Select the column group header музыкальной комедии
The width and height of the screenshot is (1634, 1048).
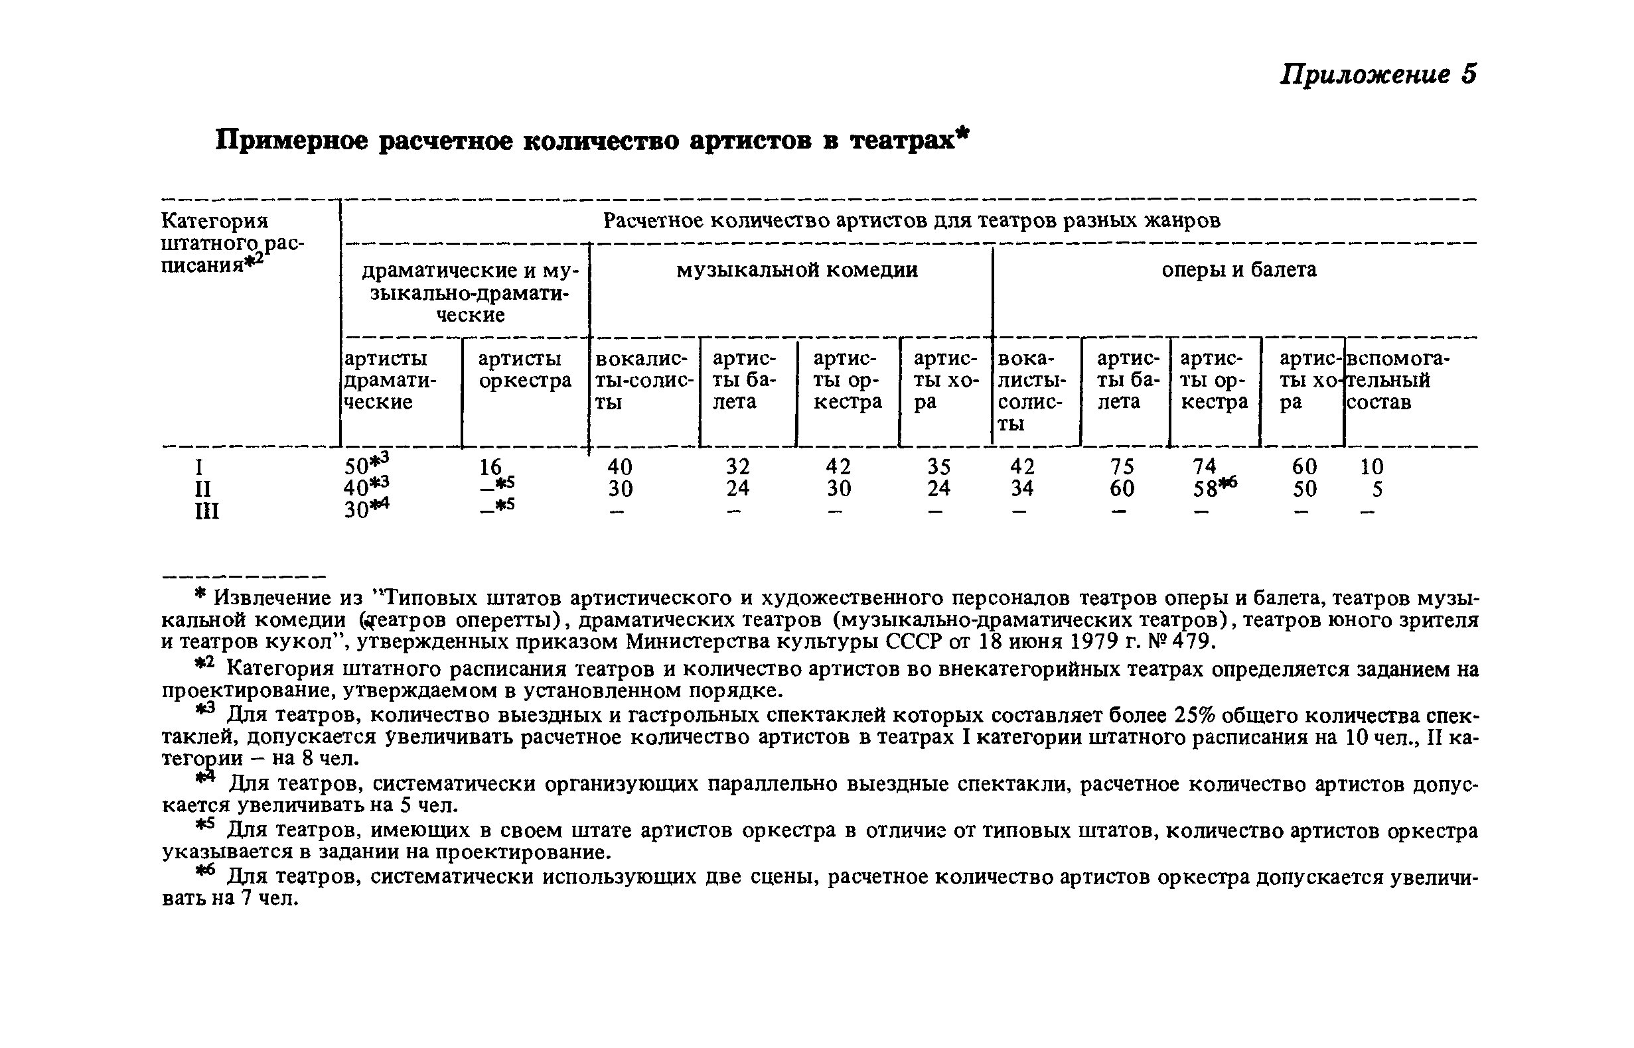796,270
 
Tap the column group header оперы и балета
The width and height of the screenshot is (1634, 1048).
1238,269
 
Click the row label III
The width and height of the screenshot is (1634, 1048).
207,510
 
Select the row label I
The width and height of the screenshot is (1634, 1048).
199,467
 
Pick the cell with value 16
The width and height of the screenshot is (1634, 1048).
491,467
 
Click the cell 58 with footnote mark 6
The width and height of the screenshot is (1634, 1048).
1214,488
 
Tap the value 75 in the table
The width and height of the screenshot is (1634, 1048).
1122,466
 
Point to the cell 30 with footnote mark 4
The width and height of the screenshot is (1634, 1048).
366,509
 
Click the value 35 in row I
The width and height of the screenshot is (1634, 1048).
939,466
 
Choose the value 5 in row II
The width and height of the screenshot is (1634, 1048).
1376,489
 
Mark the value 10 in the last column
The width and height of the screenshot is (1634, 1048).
1371,466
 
